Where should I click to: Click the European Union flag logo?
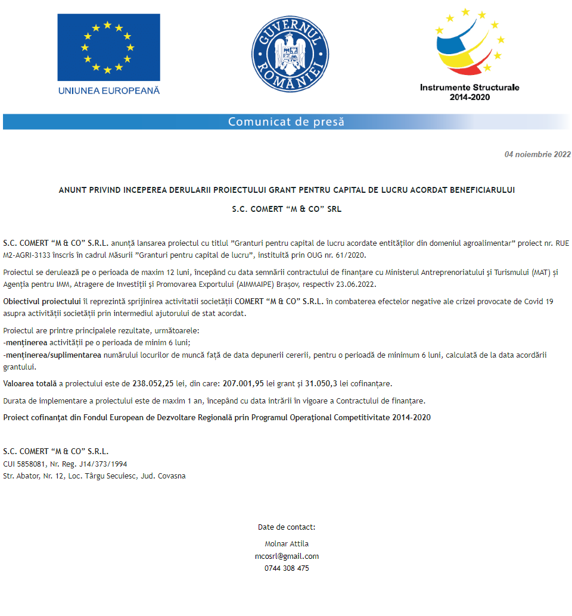point(108,48)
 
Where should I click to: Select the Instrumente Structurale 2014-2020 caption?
point(470,92)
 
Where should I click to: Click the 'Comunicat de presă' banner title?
point(286,122)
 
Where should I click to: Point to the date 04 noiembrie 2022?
point(537,155)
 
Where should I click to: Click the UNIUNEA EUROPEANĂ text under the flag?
point(109,90)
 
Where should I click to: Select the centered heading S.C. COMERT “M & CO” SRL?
point(287,209)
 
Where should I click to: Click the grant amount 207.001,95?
point(243,383)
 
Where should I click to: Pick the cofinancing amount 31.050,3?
point(321,383)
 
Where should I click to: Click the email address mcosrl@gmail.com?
point(287,556)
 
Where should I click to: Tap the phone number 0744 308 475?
point(287,568)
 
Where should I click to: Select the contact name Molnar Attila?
point(287,543)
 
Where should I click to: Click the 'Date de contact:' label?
point(287,527)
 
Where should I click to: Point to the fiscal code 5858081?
point(30,464)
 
